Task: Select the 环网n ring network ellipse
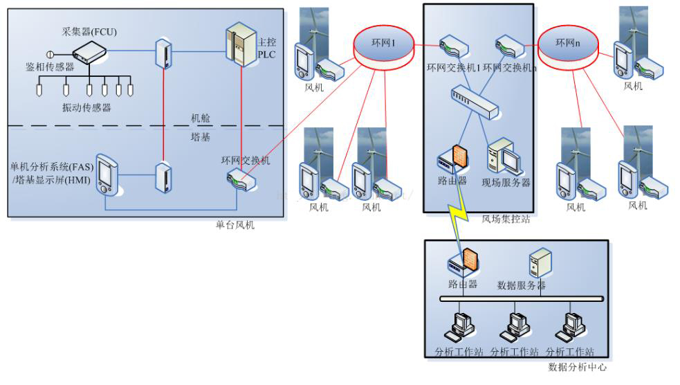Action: pos(568,46)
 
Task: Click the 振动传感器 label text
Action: pos(86,107)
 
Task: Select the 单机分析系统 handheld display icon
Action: pos(106,174)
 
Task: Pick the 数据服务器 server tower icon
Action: pos(539,264)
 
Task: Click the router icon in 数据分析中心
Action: pos(463,262)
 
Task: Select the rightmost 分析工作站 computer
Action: pos(570,325)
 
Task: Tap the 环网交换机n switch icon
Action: pos(508,48)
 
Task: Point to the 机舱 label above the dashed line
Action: pos(201,118)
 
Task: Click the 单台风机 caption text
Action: pos(235,225)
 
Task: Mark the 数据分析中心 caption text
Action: pos(577,368)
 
